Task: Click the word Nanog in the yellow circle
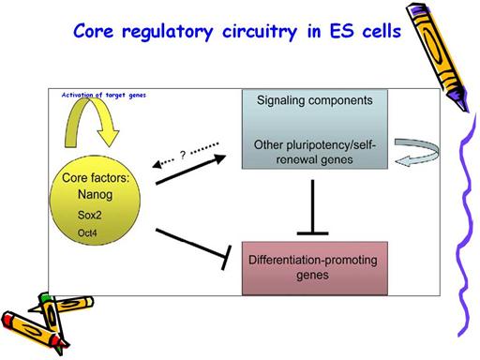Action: tap(95, 195)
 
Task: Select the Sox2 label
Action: tap(90, 215)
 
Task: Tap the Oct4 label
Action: tap(87, 232)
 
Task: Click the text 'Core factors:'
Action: tap(96, 178)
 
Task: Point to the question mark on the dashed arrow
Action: tap(183, 155)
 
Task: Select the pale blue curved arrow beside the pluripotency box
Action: tap(417, 152)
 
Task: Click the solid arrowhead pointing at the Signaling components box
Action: tap(219, 158)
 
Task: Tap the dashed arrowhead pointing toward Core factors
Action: tap(157, 164)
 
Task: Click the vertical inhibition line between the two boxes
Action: tap(312, 207)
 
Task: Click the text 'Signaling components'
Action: tap(315, 100)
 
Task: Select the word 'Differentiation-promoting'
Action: tap(313, 260)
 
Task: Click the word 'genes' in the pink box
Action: tap(312, 276)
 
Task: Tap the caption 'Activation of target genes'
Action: tap(104, 95)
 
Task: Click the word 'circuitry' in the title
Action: tap(260, 32)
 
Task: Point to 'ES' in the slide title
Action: tap(342, 31)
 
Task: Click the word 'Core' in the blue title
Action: tap(94, 31)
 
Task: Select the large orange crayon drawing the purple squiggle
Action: tap(437, 55)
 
